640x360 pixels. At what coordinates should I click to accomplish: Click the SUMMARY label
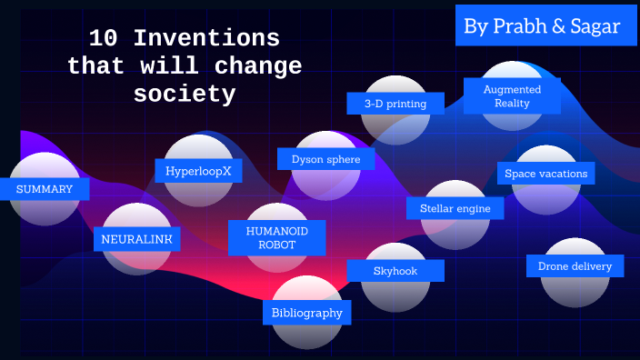tap(45, 189)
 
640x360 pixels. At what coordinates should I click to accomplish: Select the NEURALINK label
tap(136, 239)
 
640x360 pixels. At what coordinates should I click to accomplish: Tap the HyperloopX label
tap(198, 170)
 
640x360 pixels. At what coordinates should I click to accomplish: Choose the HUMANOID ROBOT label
tap(276, 238)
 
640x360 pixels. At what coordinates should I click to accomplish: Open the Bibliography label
tap(307, 313)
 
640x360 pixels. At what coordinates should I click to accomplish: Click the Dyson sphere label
tap(325, 159)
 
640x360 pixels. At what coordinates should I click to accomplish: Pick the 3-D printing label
tap(395, 104)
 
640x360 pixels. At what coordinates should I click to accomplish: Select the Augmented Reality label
tap(512, 96)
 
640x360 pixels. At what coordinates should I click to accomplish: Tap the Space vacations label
tap(545, 173)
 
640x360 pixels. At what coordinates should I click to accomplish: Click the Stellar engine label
tap(455, 208)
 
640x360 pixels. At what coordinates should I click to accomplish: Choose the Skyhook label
tap(395, 271)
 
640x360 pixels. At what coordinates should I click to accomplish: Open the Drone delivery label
tap(575, 266)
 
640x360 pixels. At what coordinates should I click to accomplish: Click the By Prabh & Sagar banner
tap(542, 26)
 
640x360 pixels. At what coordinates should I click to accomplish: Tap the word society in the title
tap(185, 94)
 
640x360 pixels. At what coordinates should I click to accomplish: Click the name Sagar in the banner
tap(595, 26)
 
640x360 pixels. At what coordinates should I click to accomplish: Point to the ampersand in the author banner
tap(557, 26)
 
